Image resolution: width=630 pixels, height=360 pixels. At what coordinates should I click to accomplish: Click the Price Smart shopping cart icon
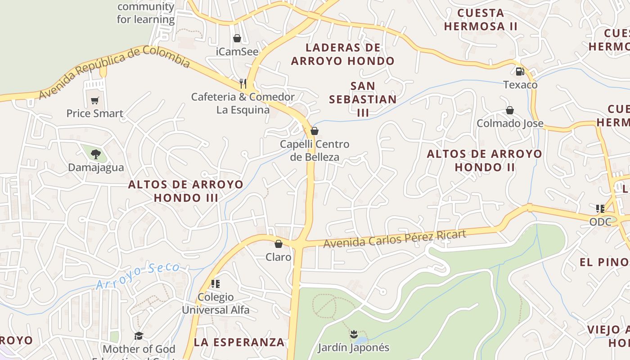(94, 101)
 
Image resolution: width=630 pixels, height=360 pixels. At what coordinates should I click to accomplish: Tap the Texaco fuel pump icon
(520, 71)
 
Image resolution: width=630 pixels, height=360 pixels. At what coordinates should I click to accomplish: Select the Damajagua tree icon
(95, 154)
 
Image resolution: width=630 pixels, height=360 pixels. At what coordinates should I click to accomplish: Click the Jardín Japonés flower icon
(353, 334)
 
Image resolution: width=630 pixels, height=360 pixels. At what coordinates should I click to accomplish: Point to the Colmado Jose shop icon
(510, 110)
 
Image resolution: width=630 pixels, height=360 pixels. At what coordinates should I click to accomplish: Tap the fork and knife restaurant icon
(243, 83)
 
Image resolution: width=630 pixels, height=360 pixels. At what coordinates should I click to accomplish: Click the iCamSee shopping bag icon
(237, 39)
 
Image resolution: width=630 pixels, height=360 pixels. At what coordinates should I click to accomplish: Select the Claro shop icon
(279, 244)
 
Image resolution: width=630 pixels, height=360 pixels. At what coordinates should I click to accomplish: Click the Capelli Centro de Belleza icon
(315, 131)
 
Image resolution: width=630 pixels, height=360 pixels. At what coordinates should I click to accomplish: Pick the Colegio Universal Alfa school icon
(216, 283)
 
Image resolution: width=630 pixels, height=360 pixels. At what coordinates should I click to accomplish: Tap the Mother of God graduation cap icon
(139, 336)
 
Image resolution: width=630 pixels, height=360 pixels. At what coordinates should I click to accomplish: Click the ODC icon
(600, 208)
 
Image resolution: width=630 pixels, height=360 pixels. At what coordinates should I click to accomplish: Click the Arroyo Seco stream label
(137, 275)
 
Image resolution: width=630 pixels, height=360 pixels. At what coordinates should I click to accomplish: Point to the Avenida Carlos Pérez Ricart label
(395, 238)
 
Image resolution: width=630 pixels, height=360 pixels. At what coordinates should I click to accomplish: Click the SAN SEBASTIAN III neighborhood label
(363, 99)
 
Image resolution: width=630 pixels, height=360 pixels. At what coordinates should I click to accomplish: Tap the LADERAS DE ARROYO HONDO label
(342, 54)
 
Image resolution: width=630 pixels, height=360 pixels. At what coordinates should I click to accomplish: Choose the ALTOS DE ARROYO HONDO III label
(186, 191)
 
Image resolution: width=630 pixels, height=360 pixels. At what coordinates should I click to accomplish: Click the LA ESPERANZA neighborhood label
(239, 342)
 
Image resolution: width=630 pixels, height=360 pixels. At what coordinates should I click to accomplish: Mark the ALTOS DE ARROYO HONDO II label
(484, 160)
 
